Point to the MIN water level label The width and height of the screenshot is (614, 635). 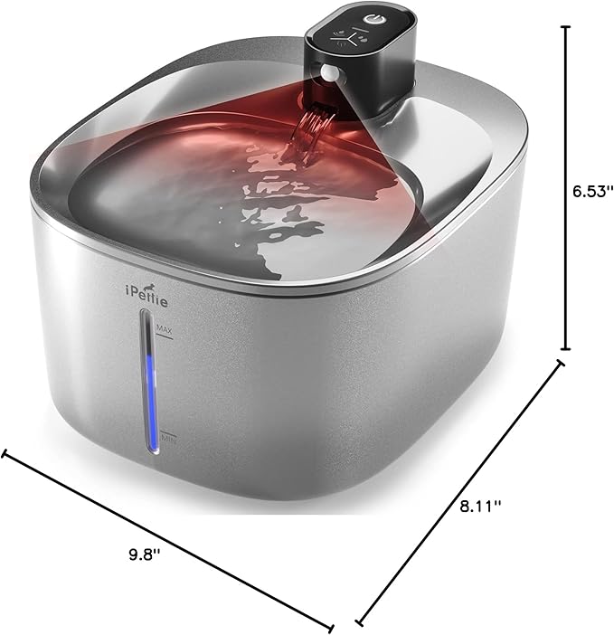[166, 441]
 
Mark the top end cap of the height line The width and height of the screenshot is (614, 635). [566, 28]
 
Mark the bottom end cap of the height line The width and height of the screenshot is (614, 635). [566, 349]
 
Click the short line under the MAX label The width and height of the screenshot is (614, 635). [164, 336]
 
